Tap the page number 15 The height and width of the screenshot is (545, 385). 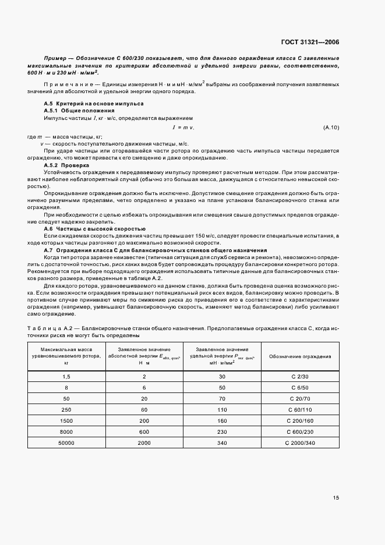tap(335, 498)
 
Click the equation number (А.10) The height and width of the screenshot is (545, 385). tap(330, 127)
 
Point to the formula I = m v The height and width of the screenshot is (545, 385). tap(183, 127)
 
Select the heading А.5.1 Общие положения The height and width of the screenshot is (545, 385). tap(75, 110)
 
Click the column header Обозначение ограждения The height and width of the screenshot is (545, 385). tap(301, 356)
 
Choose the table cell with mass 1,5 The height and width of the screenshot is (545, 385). tap(66, 377)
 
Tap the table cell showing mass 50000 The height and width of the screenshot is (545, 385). tap(66, 443)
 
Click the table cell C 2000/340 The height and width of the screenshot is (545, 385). tap(301, 443)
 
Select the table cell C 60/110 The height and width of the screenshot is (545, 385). tap(301, 410)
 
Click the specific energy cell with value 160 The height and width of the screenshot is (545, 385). tap(222, 421)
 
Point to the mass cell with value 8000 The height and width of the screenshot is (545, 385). tap(66, 432)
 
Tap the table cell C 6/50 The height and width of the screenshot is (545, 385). tap(301, 388)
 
